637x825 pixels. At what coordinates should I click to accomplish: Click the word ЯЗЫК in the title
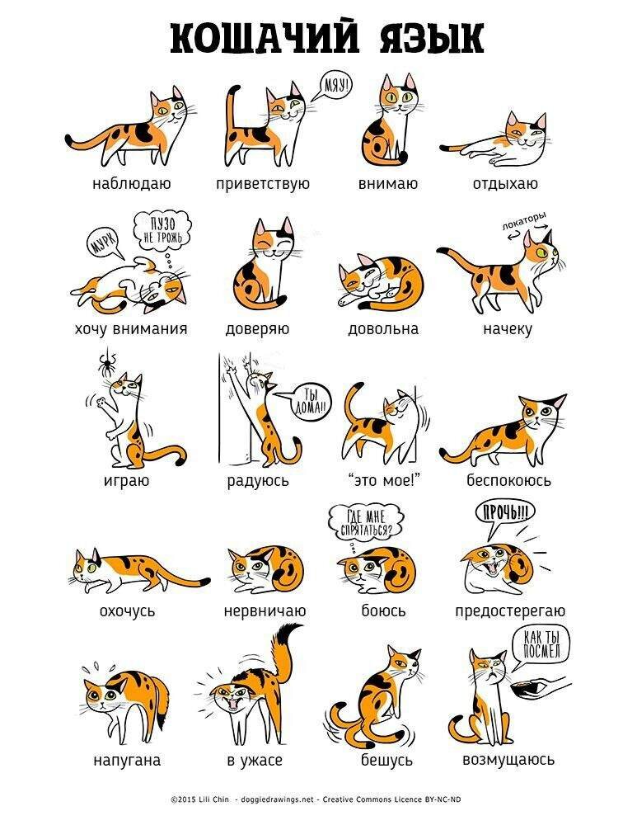pyautogui.click(x=430, y=38)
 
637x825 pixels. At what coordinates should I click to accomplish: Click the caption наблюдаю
pyautogui.click(x=131, y=184)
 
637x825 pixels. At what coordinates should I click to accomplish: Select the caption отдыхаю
pyautogui.click(x=505, y=184)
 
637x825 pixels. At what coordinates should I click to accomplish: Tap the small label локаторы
pyautogui.click(x=523, y=220)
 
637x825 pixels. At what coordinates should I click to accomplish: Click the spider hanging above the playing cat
pyautogui.click(x=108, y=362)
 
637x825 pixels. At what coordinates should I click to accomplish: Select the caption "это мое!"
pyautogui.click(x=384, y=480)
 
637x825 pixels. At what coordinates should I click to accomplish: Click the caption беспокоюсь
pyautogui.click(x=508, y=480)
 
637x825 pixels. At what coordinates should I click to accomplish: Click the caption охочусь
pyautogui.click(x=128, y=610)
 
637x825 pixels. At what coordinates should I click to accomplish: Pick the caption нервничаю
pyautogui.click(x=265, y=610)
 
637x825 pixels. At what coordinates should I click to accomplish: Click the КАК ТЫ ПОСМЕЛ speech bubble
pyautogui.click(x=541, y=646)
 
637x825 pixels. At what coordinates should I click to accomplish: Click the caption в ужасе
pyautogui.click(x=255, y=761)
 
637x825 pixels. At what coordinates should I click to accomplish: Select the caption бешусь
pyautogui.click(x=386, y=760)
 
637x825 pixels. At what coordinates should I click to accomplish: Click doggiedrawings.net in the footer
pyautogui.click(x=277, y=799)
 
